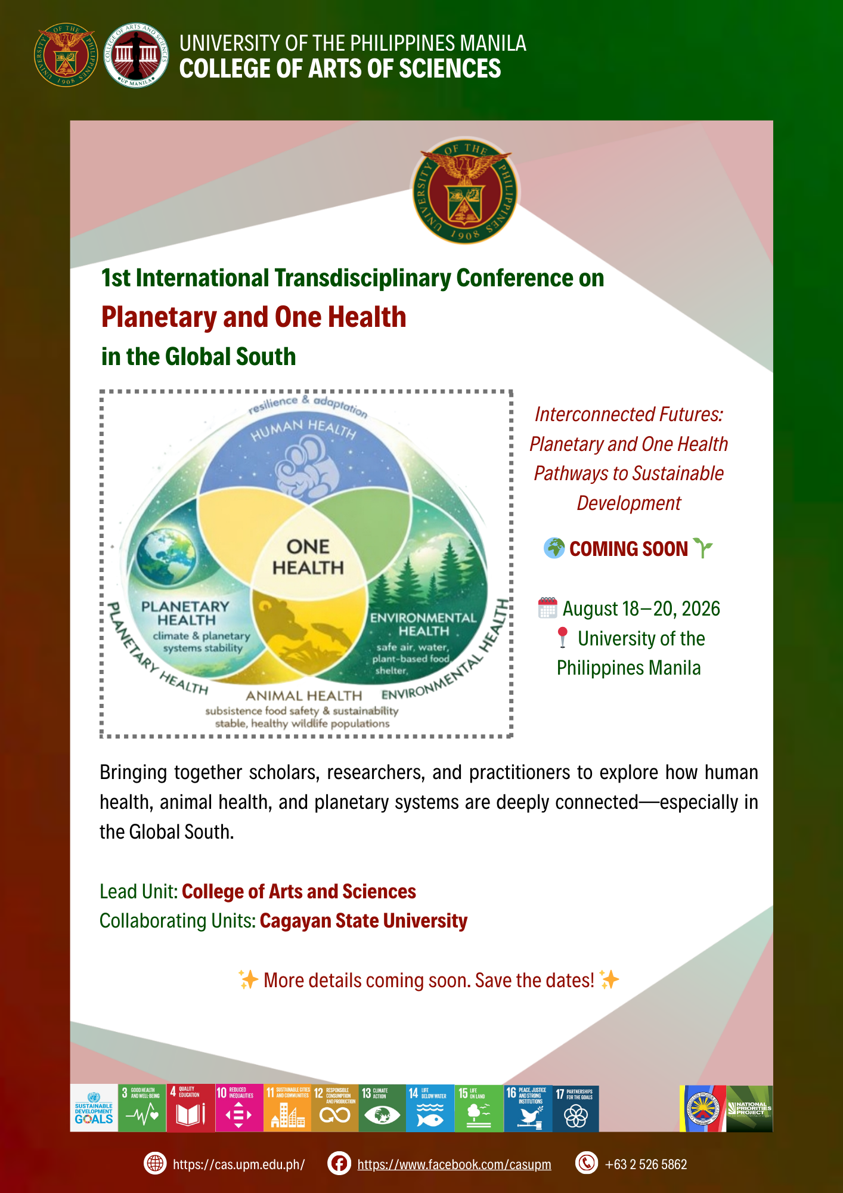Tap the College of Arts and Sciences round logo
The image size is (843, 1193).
click(x=137, y=55)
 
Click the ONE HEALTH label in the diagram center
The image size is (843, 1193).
click(x=308, y=557)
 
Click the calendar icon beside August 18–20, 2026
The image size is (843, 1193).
click(x=547, y=608)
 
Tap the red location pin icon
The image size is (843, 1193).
click(x=562, y=638)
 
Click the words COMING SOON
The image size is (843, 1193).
click(x=628, y=549)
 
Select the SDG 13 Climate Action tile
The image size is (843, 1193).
click(x=382, y=1108)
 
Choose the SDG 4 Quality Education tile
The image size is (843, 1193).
click(x=190, y=1108)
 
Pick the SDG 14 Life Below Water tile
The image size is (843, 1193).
click(x=430, y=1108)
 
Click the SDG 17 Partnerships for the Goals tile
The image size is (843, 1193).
click(x=575, y=1108)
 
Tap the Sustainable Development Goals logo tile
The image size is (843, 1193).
click(x=94, y=1108)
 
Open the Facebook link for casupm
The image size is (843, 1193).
click(x=454, y=1164)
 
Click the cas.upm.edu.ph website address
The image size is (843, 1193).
click(x=238, y=1164)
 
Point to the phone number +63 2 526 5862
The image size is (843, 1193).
click(x=646, y=1164)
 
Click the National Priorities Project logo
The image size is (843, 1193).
click(x=749, y=1108)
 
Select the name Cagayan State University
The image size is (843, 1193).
click(x=364, y=921)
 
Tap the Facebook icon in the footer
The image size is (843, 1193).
click(x=339, y=1163)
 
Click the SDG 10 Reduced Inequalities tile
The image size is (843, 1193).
click(x=238, y=1108)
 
